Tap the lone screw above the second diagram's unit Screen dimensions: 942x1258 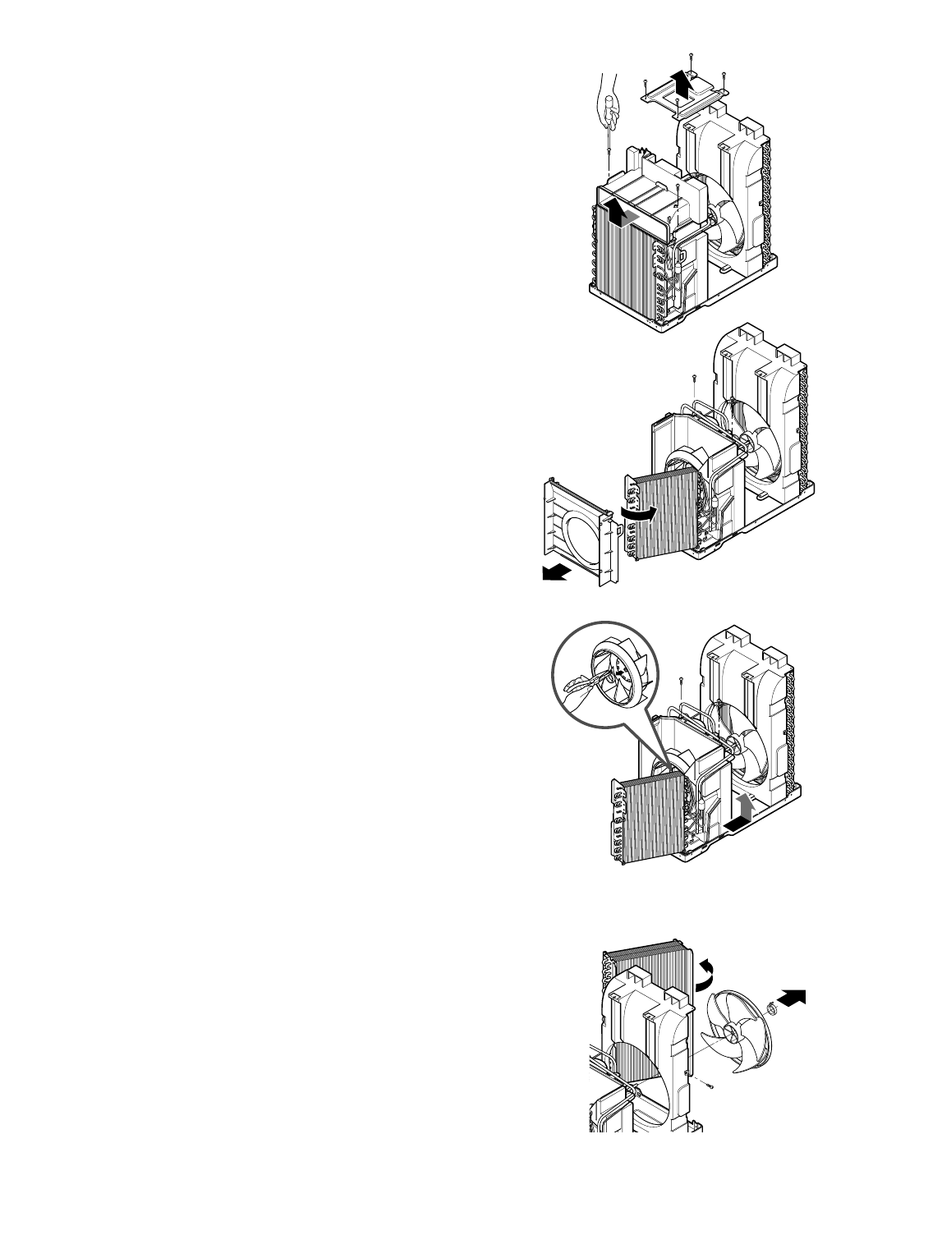[696, 379]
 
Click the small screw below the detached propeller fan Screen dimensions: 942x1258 [710, 1086]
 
